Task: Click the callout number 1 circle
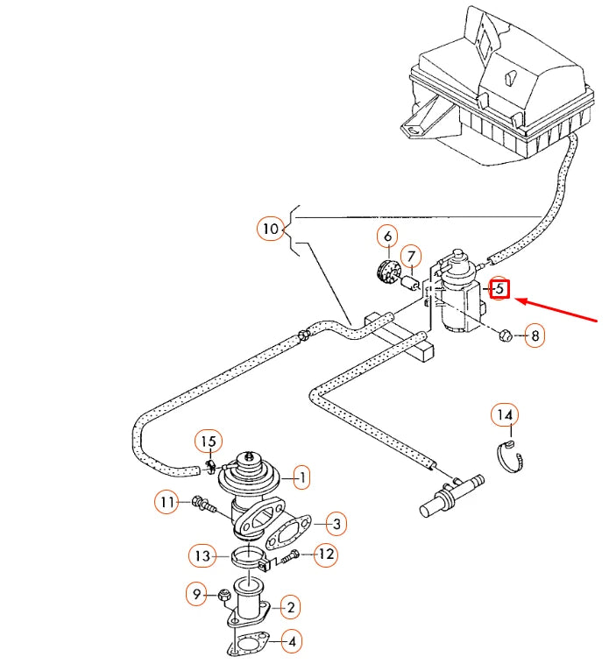click(x=301, y=477)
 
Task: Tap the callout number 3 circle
click(x=335, y=524)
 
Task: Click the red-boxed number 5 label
click(x=499, y=288)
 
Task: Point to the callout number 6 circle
click(x=387, y=236)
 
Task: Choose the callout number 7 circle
click(x=411, y=257)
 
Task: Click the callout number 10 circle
click(x=271, y=230)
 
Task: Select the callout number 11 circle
click(x=167, y=502)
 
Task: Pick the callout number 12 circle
click(x=325, y=554)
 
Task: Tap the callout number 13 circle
click(x=202, y=554)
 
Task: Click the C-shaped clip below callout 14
click(x=511, y=456)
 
